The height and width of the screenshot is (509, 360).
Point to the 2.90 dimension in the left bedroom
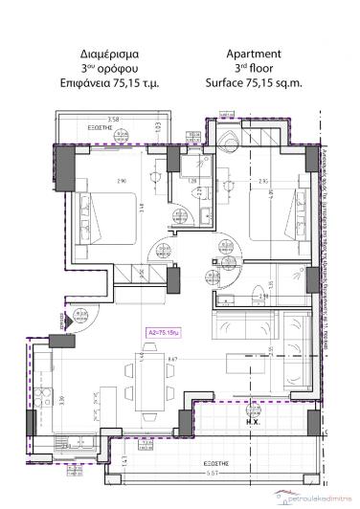point(93,181)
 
